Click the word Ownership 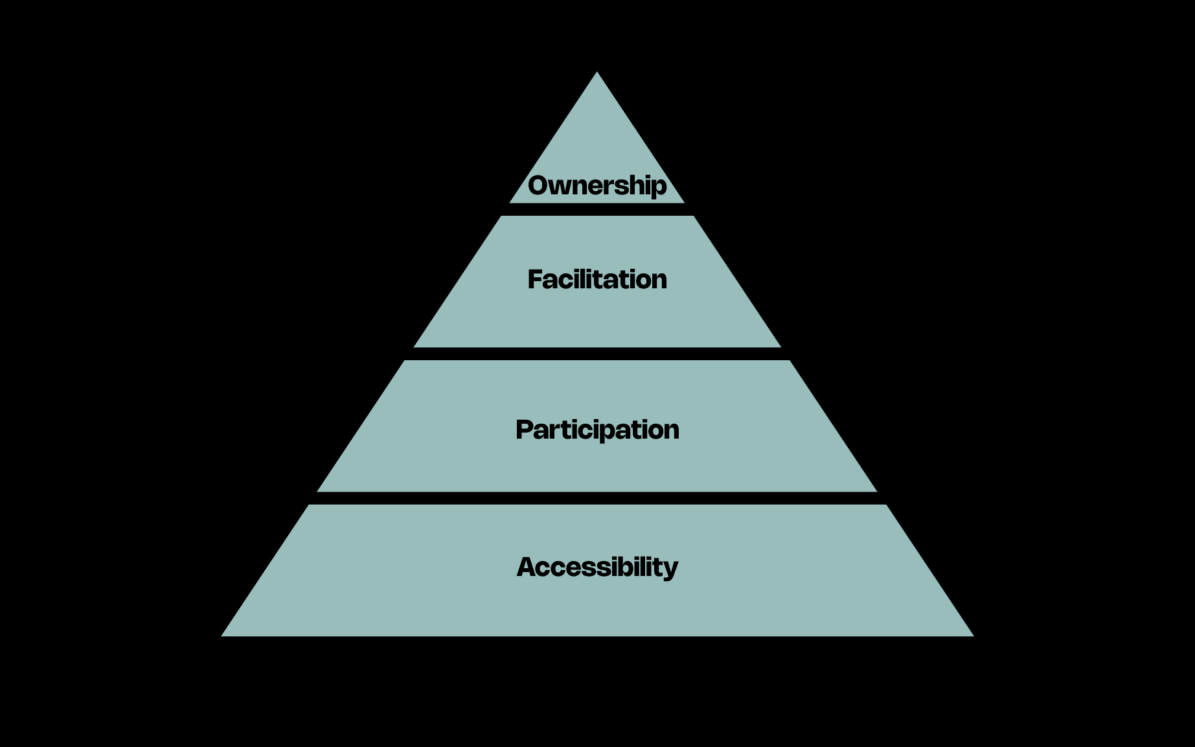(597, 185)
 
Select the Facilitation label (597, 279)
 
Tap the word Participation (597, 430)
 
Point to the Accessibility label (597, 567)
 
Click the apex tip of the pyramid (597, 73)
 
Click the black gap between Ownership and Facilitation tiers (597, 209)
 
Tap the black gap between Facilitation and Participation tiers (597, 354)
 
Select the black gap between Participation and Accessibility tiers (597, 498)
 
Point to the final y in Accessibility (670, 569)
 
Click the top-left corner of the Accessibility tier (309, 506)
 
